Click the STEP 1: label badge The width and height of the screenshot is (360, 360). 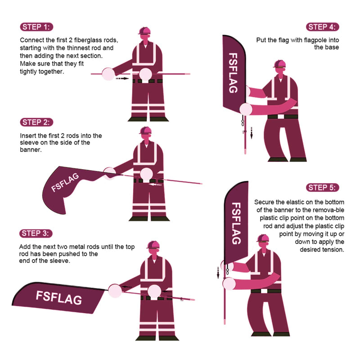[x=37, y=27]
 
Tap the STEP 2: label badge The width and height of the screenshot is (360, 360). [x=37, y=122]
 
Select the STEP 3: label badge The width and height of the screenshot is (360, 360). [x=37, y=233]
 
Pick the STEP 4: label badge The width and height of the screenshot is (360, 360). [x=323, y=27]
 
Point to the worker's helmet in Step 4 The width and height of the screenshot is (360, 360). [x=279, y=63]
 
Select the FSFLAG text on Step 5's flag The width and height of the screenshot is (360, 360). [x=236, y=223]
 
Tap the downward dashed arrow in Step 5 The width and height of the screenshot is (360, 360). [x=218, y=272]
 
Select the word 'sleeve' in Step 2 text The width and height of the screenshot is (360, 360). [x=30, y=143]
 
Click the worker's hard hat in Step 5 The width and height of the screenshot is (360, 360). [x=263, y=238]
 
